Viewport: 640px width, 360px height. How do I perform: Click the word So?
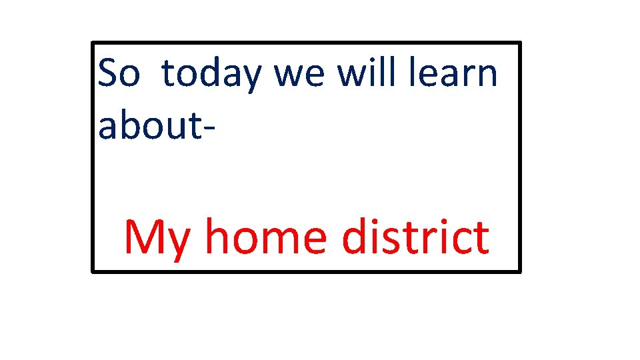(119, 73)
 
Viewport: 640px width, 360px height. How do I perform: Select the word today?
(211, 75)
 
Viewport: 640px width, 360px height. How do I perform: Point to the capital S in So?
(108, 73)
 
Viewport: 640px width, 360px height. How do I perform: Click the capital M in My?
(143, 237)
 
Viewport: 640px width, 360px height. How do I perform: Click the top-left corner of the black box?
(93, 43)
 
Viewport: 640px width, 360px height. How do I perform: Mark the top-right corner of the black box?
(519, 43)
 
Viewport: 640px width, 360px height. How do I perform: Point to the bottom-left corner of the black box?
(93, 271)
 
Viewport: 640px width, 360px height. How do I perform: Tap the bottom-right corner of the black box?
(519, 271)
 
